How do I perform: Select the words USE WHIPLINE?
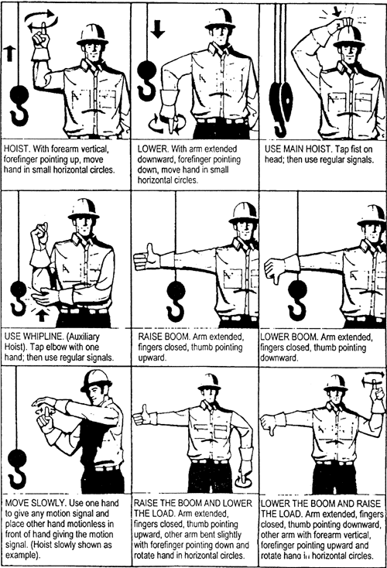click(x=34, y=337)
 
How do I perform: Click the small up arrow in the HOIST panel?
click(x=9, y=53)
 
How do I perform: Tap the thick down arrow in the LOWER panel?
click(x=158, y=29)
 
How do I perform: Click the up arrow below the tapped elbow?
click(x=42, y=315)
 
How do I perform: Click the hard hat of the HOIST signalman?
click(x=92, y=35)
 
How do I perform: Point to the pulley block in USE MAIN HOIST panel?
click(x=283, y=101)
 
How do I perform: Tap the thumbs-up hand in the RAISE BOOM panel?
click(x=147, y=257)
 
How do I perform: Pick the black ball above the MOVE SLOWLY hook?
click(x=18, y=460)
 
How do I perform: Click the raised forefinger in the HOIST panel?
click(x=43, y=29)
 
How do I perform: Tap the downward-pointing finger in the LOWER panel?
click(x=171, y=125)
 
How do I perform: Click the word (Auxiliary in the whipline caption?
click(x=83, y=337)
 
